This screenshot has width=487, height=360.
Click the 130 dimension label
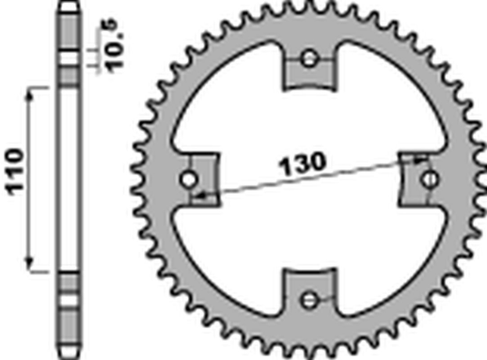tap(303, 164)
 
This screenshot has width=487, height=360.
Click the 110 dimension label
tap(16, 172)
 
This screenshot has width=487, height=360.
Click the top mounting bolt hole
tap(309, 58)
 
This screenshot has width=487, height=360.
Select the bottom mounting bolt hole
tap(308, 300)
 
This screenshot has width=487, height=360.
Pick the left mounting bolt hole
tap(189, 180)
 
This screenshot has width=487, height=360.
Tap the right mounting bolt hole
tap(430, 180)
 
